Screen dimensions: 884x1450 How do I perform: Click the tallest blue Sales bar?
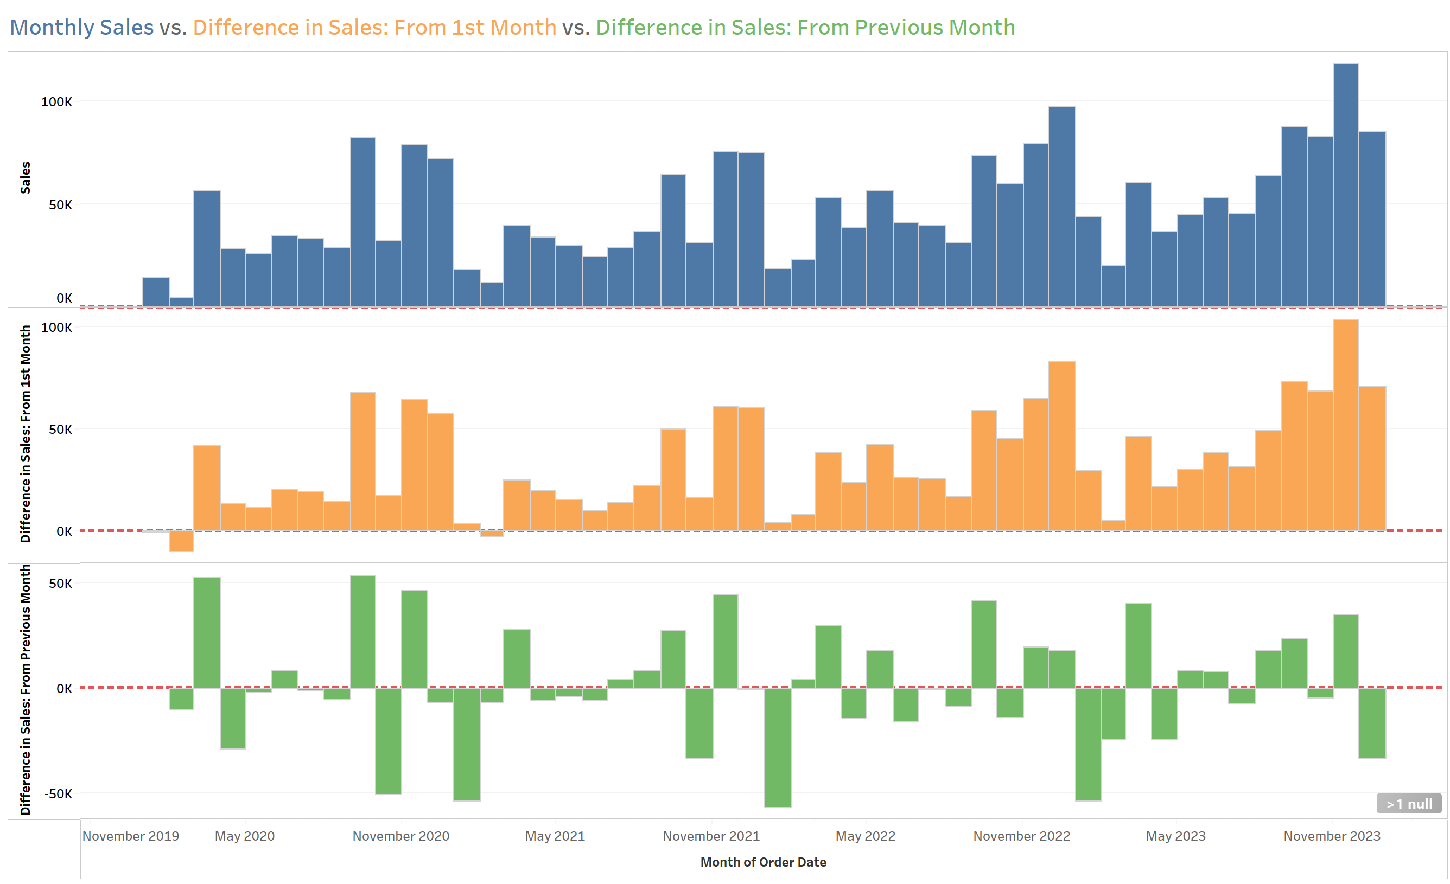[1346, 185]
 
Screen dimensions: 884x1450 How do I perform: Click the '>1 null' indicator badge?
[1408, 803]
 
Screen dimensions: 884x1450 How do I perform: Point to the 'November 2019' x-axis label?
[131, 836]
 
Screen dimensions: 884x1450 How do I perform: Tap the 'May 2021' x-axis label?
[555, 836]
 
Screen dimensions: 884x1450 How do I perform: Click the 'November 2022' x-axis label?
[1021, 836]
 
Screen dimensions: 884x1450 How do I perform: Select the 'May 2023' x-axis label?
[1175, 836]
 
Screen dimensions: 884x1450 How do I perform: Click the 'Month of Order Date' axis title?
[762, 862]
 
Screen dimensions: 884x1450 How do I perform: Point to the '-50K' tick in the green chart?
[58, 793]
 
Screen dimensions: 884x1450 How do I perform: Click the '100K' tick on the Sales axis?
[56, 102]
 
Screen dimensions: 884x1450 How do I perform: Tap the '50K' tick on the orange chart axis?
[60, 430]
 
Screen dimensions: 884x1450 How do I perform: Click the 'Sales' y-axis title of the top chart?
[26, 178]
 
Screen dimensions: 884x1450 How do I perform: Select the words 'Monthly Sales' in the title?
[82, 28]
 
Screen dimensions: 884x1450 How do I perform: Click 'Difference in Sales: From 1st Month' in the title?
[374, 28]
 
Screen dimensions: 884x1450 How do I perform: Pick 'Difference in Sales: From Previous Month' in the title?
[805, 28]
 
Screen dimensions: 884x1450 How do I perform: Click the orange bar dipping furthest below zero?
[181, 541]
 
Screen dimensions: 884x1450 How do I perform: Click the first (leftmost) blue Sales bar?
[155, 292]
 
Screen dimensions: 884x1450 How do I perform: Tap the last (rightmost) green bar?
[1372, 723]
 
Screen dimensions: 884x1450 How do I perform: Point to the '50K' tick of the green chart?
[60, 584]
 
